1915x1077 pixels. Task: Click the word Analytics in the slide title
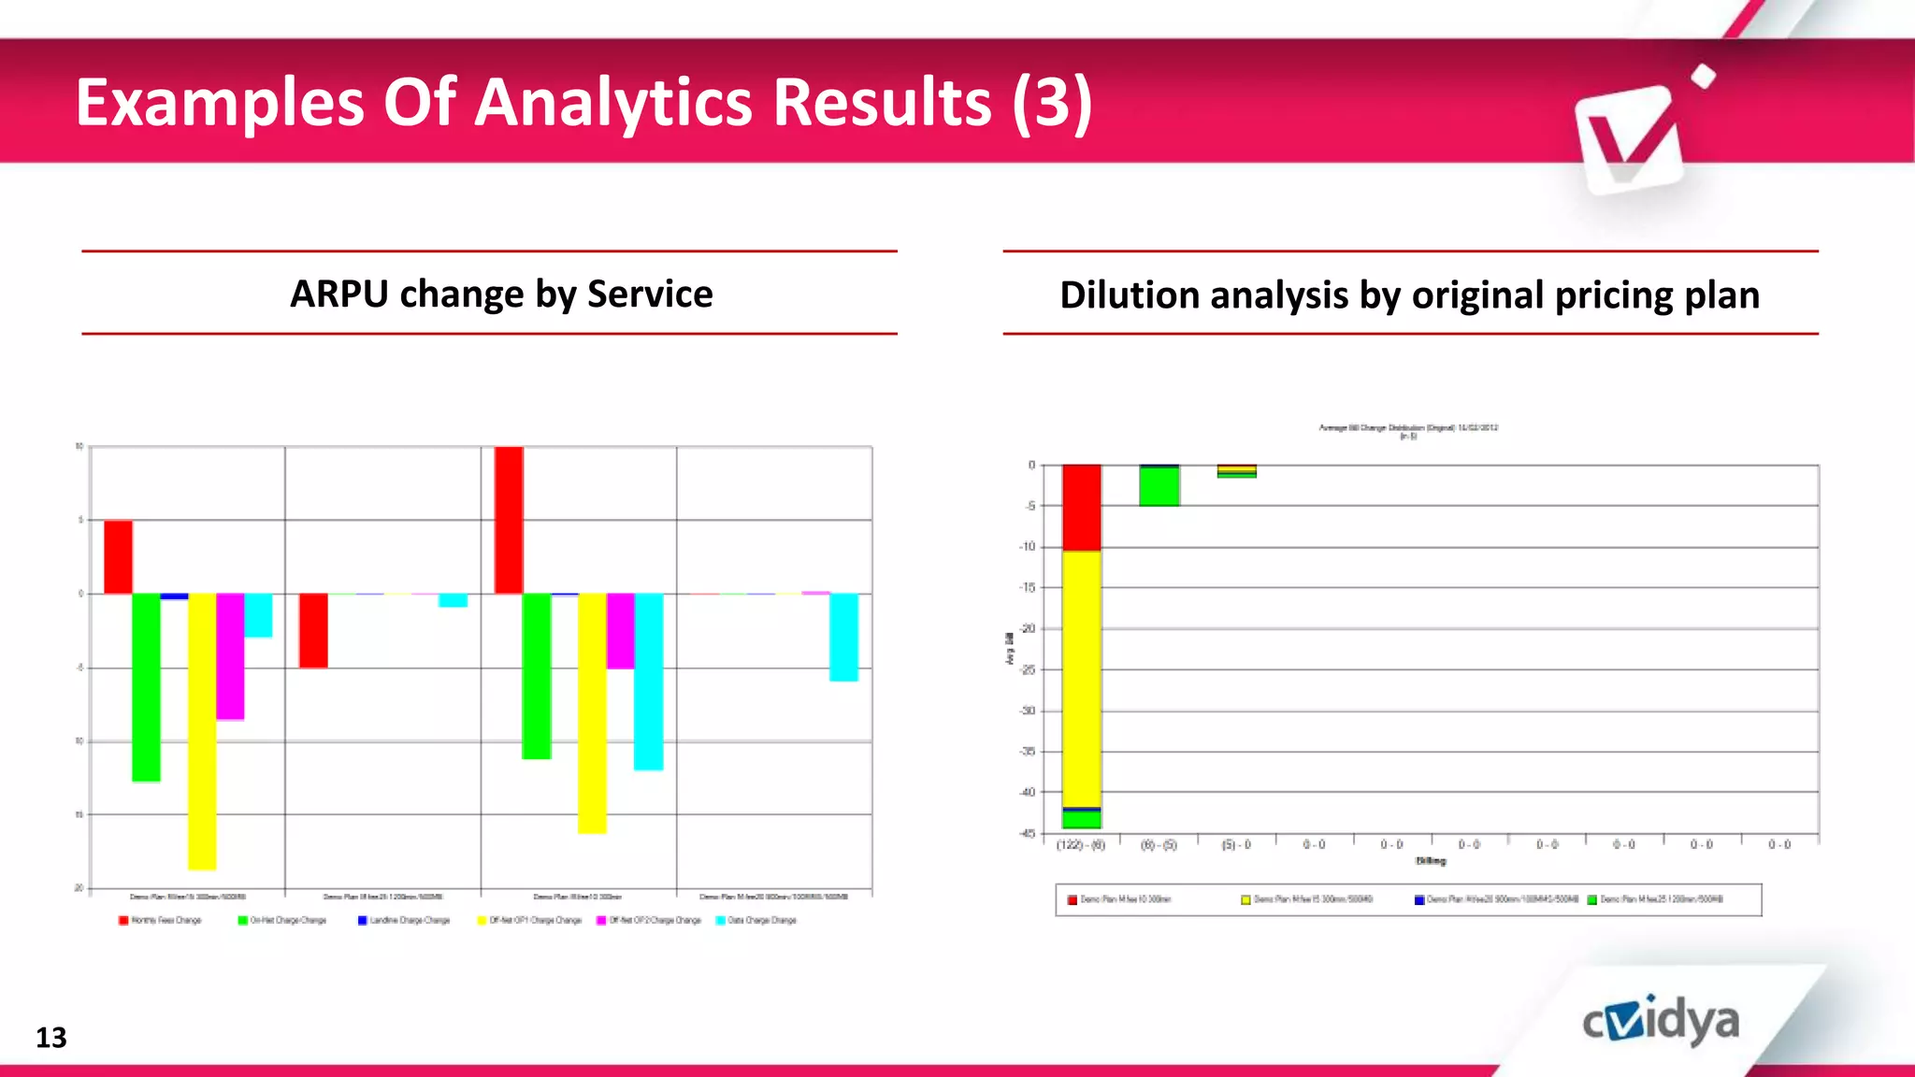pos(612,102)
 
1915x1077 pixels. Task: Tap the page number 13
pos(51,1038)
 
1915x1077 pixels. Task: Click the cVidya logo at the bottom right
pos(1661,1021)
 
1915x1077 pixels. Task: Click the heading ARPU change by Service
pos(501,294)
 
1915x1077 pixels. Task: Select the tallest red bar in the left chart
pos(509,520)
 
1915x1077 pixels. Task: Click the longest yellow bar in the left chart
pos(202,731)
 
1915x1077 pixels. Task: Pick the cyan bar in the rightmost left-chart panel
pos(843,637)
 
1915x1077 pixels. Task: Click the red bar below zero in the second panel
pos(313,630)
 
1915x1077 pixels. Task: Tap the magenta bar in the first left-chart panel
pos(230,655)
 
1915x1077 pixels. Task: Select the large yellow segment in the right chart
pos(1081,679)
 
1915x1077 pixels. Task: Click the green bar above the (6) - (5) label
pos(1159,486)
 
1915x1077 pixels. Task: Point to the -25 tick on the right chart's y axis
pos(1028,669)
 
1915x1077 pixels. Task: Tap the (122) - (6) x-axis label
pos(1080,845)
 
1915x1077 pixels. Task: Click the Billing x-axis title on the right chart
pos(1430,861)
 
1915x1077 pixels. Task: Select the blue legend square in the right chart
pos(1419,900)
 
